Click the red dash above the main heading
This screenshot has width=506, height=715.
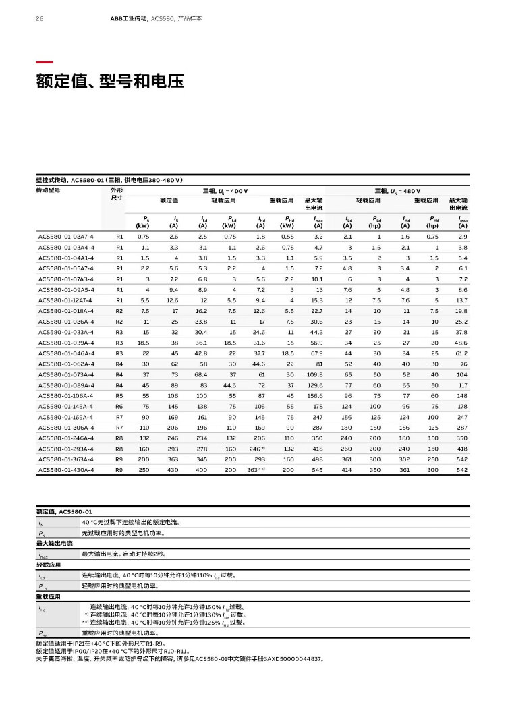click(45, 61)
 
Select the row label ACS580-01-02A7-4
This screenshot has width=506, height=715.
click(65, 237)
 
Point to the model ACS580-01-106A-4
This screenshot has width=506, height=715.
click(66, 395)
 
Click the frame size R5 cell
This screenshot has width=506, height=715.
click(119, 395)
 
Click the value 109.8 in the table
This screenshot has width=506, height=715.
click(315, 374)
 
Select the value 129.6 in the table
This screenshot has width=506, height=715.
click(315, 384)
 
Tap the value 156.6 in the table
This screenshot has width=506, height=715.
click(315, 395)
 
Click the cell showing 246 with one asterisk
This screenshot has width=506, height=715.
click(256, 447)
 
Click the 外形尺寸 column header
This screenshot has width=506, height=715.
click(117, 194)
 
